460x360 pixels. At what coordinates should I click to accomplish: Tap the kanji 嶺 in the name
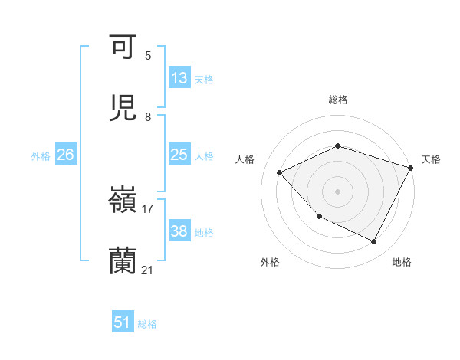pos(123,200)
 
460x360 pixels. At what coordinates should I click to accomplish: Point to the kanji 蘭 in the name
pos(123,260)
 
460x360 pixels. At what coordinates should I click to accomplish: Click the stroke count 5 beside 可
pos(148,56)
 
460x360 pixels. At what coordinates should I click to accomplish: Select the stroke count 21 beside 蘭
pos(148,270)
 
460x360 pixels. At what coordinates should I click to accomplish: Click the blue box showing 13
pos(179,78)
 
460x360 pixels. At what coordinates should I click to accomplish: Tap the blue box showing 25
pos(179,155)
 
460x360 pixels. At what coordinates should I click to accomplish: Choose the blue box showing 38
pos(179,231)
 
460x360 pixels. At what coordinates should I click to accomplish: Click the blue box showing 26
pos(65,155)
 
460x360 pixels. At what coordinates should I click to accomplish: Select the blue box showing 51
pos(123,322)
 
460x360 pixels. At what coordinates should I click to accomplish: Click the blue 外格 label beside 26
pos(41,156)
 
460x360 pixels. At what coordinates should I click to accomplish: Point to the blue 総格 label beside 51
pos(147,324)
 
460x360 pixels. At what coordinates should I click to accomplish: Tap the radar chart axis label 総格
pos(338,100)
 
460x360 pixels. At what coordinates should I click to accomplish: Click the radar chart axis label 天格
pos(431,159)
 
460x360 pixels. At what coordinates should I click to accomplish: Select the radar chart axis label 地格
pos(402,262)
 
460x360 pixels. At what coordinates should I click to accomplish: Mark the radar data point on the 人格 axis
pos(280,172)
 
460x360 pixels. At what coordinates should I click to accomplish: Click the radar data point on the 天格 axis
pos(412,168)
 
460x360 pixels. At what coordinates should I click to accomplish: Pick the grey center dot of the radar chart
pos(338,191)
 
